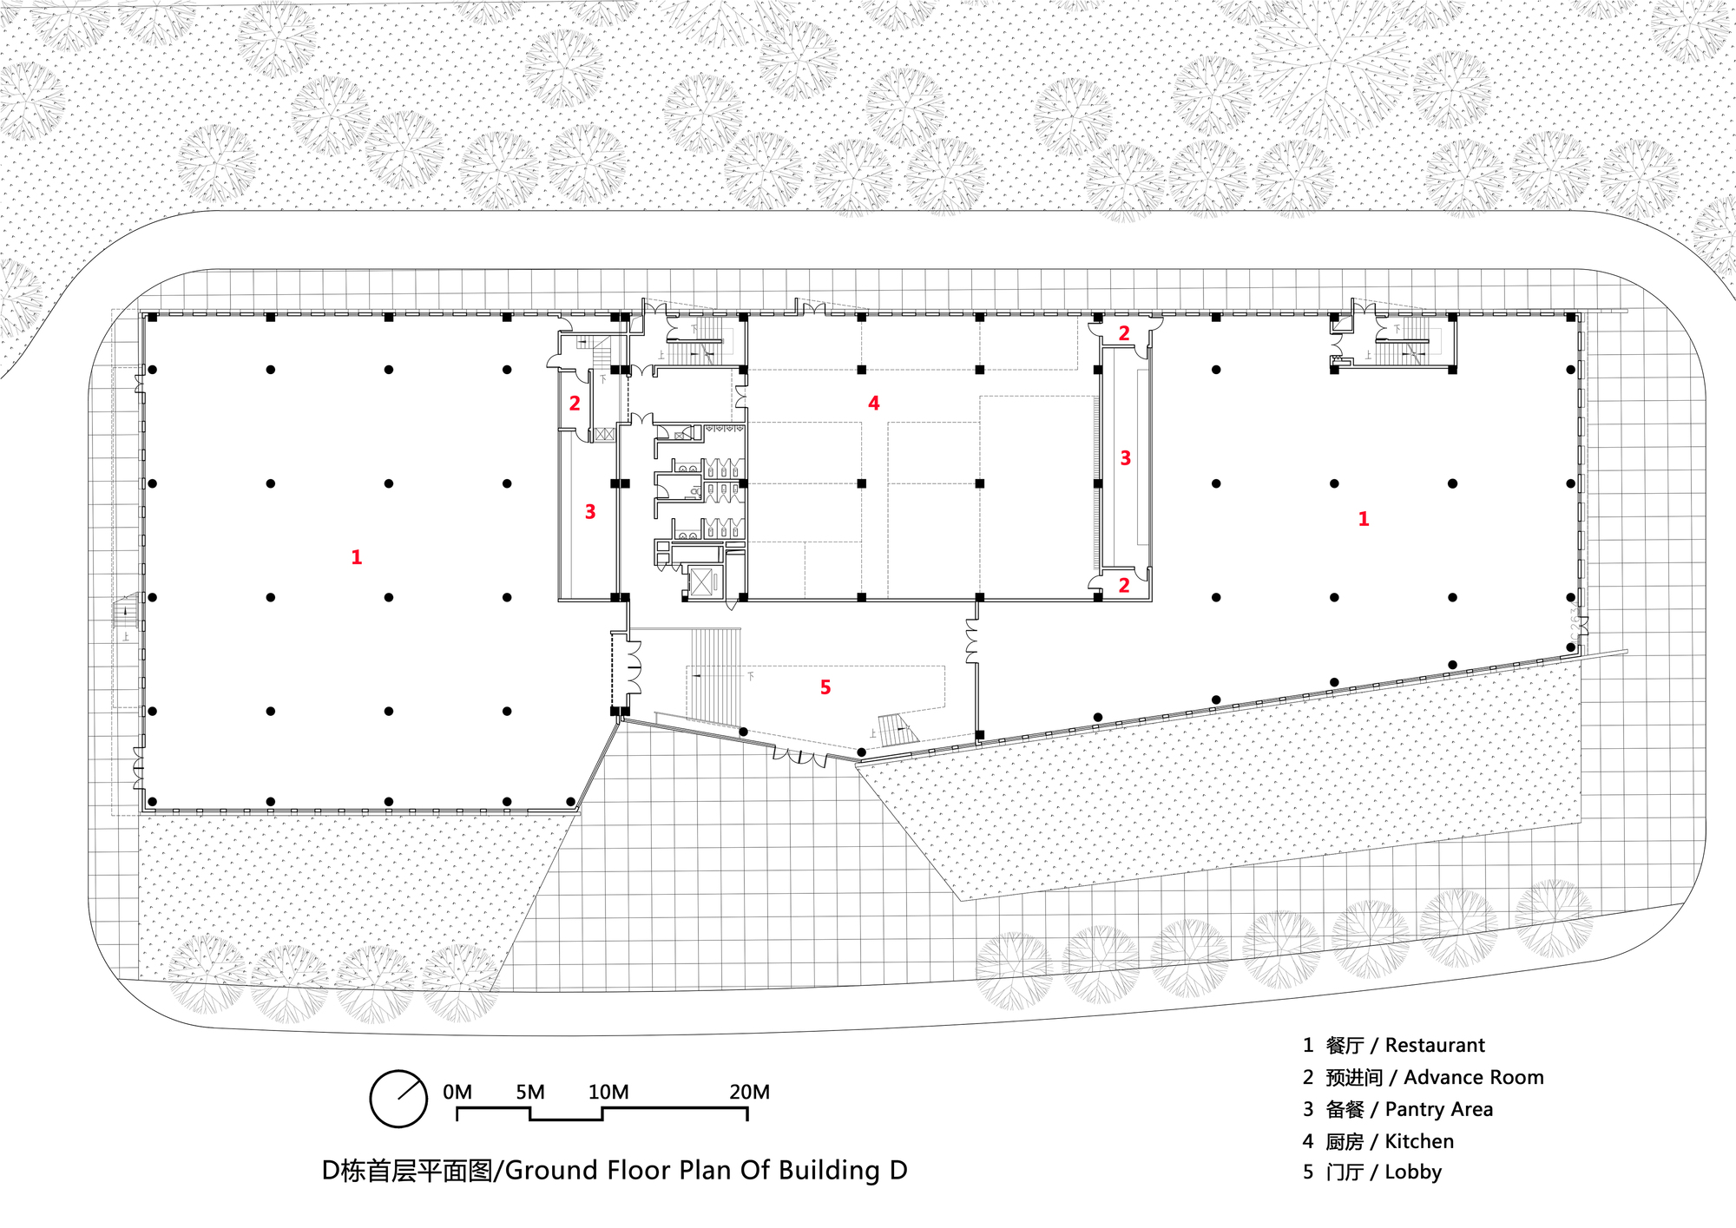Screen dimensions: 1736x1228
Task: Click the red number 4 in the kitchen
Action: point(873,404)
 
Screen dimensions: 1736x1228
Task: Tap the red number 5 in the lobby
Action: point(825,687)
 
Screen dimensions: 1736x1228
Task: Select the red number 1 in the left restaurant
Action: point(356,557)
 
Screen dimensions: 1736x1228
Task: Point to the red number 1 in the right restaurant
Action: point(1364,519)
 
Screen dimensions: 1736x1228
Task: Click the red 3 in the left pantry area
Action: point(590,512)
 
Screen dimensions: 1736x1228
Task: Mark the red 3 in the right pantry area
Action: point(1126,458)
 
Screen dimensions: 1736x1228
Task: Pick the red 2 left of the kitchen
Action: point(575,404)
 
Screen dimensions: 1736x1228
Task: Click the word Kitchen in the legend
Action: point(1419,1141)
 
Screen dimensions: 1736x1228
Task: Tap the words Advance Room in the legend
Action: point(1474,1077)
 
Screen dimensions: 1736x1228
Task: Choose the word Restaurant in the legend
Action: point(1435,1045)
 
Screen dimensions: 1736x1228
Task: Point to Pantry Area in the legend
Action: point(1439,1110)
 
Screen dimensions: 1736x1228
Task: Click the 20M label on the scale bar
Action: point(749,1092)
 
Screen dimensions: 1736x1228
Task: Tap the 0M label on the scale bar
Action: point(457,1092)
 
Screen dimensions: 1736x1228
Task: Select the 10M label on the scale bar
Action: point(608,1092)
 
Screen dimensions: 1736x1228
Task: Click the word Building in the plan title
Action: point(830,1171)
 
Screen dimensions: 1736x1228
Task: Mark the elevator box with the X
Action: point(701,582)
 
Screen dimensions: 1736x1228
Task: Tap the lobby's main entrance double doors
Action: point(799,757)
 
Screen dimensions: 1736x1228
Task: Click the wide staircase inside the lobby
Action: point(716,675)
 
